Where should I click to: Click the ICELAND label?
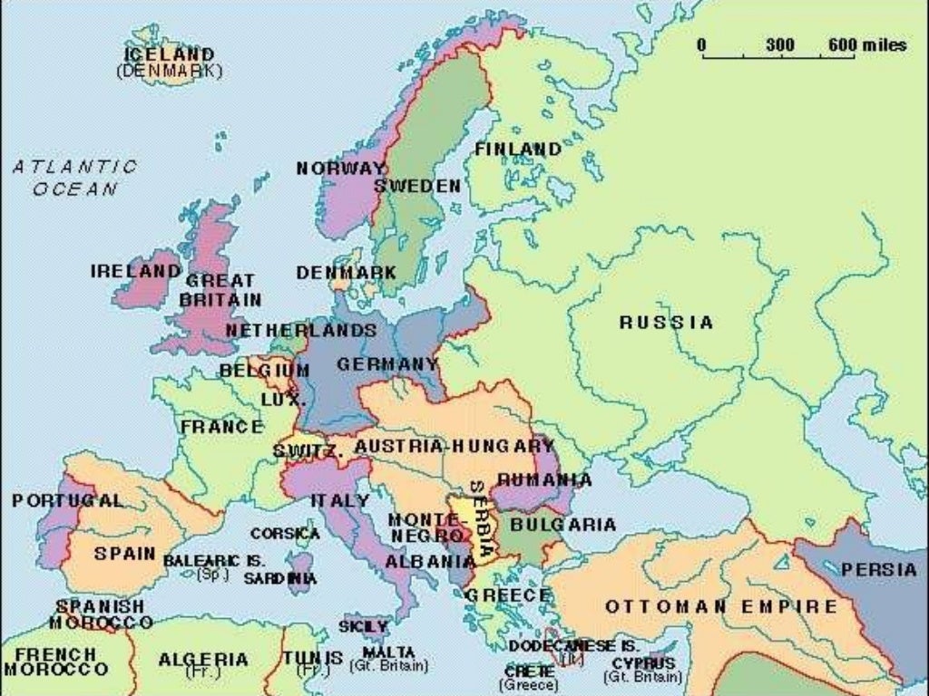coord(169,55)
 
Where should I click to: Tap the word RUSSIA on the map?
coord(666,323)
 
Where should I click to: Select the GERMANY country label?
coord(387,364)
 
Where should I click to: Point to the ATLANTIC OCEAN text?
coord(75,178)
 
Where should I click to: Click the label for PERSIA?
coord(878,570)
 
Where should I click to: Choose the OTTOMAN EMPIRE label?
coord(721,606)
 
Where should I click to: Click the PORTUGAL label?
coord(67,500)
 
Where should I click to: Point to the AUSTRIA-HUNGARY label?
coord(454,447)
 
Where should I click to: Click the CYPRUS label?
coord(643,663)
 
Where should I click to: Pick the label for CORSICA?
coord(285,534)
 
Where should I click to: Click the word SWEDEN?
coord(417,186)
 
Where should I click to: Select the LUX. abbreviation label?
coord(277,399)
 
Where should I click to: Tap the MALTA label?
coord(388,652)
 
